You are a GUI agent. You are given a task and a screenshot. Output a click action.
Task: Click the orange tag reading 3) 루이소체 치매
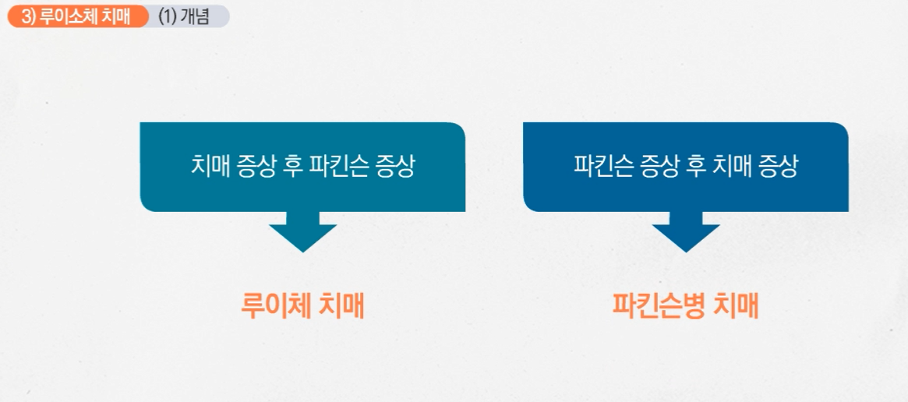pyautogui.click(x=76, y=16)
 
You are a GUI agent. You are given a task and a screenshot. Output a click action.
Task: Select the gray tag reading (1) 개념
pyautogui.click(x=187, y=16)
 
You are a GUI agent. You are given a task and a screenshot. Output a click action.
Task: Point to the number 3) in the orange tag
pyautogui.click(x=28, y=16)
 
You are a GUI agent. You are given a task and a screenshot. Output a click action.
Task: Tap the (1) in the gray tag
pyautogui.click(x=168, y=16)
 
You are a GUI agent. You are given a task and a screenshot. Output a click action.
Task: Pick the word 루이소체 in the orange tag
pyautogui.click(x=70, y=16)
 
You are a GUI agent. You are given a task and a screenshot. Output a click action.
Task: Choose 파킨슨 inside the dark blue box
pyautogui.click(x=601, y=167)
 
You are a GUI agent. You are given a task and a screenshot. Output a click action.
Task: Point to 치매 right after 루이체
pyautogui.click(x=343, y=305)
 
